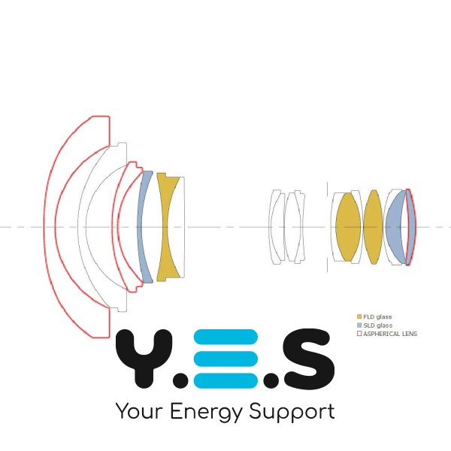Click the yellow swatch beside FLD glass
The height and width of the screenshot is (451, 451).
coord(359,316)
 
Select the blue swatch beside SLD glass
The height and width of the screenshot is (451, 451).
coord(359,325)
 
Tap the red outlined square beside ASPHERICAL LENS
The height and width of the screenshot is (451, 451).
coord(359,334)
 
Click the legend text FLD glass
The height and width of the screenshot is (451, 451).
coord(377,316)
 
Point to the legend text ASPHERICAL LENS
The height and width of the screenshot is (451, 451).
coord(390,334)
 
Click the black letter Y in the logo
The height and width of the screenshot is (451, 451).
coord(144,358)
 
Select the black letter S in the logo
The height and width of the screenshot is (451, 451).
coord(308,358)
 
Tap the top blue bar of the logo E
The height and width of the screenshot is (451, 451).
coord(225,337)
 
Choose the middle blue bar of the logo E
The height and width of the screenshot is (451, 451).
coord(225,359)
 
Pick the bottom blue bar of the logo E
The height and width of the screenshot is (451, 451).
coord(225,380)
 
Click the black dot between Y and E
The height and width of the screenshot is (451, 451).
coord(181,380)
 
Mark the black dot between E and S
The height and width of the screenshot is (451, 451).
coord(271,380)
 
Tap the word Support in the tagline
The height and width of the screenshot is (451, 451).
coord(292,412)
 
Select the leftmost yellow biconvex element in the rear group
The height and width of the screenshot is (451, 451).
coord(348,227)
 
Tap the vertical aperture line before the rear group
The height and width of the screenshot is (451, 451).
coord(327,227)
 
